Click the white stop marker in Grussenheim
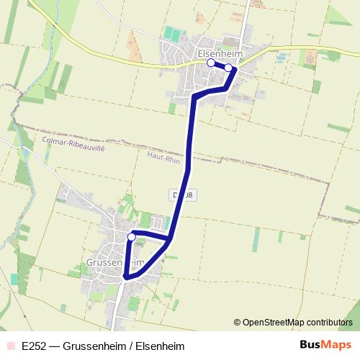(131, 236)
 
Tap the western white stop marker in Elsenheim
(211, 63)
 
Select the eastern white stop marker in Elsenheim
(228, 68)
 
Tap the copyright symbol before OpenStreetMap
(237, 322)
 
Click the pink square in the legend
(10, 346)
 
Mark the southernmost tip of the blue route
(126, 276)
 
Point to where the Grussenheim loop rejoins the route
(171, 238)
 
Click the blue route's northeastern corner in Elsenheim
(235, 69)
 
